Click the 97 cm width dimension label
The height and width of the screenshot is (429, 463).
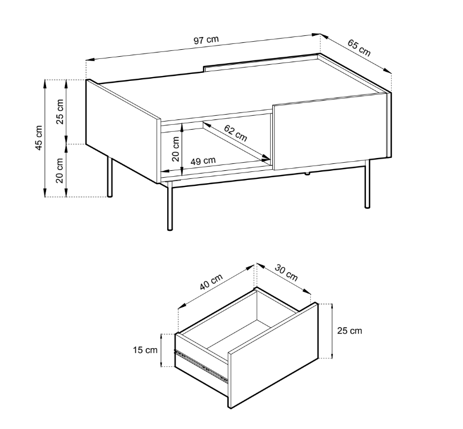206,40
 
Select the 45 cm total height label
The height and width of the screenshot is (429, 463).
39,138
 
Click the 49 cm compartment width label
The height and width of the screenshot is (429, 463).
203,160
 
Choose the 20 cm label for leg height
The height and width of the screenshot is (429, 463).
60,170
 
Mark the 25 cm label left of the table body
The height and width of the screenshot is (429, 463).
60,111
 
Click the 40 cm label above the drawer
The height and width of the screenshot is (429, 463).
211,282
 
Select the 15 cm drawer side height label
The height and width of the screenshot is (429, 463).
145,350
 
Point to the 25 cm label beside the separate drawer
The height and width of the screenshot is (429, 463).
349,330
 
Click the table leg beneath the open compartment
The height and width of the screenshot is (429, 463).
170,206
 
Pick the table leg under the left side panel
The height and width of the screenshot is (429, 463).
110,177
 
